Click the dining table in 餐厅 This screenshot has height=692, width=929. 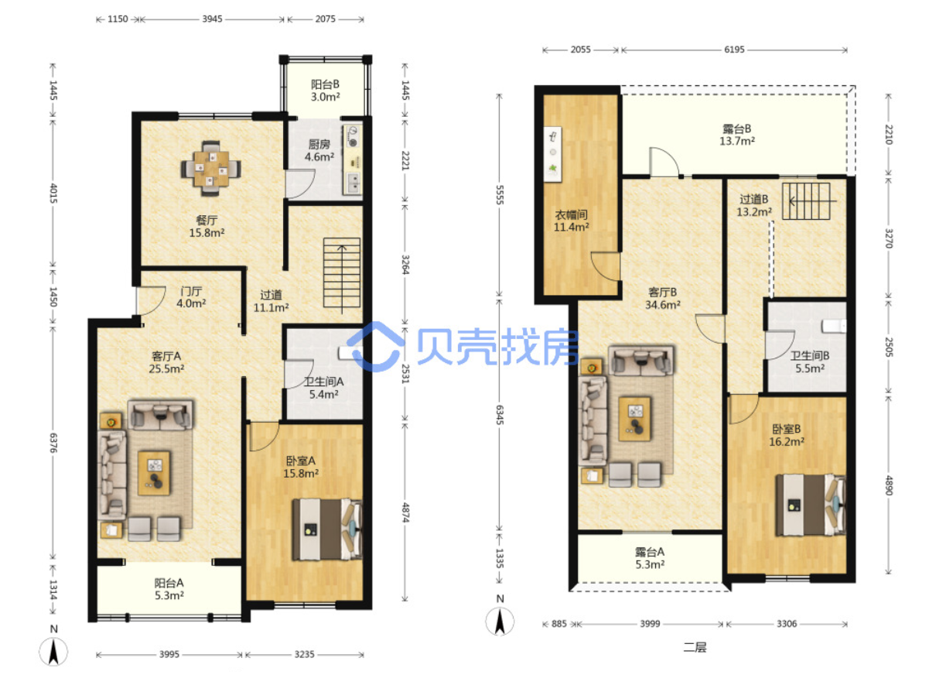coord(210,169)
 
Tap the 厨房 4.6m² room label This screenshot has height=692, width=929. coord(319,151)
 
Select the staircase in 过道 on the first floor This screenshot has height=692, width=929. coord(342,275)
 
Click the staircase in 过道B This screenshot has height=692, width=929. coord(807,200)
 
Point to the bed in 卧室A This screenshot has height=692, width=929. coord(326,529)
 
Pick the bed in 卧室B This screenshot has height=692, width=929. coord(810,505)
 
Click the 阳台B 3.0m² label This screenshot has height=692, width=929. coord(325,91)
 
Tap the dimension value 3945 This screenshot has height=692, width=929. coord(212,19)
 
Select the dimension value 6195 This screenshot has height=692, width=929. coord(734,50)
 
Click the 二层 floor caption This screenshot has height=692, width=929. coord(695,647)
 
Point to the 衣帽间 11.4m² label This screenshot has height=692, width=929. coord(572,221)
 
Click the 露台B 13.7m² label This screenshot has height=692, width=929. coord(736,135)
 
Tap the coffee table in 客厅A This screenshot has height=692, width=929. coord(154,473)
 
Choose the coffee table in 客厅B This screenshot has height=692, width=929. coord(635,419)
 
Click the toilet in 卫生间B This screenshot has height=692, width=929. coord(834,326)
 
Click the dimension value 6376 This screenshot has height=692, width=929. coord(53,443)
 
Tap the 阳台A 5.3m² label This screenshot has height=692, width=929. coord(169,589)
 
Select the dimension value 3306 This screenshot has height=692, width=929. coord(787,624)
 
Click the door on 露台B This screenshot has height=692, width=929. coord(664,162)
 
